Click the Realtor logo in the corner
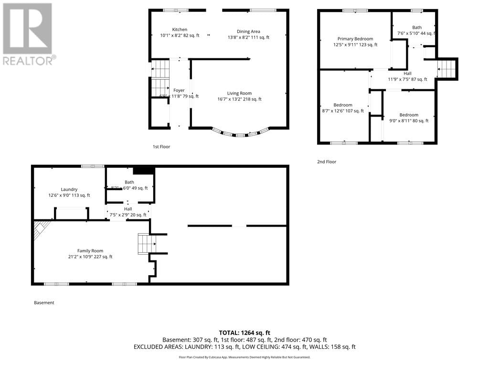pos(29,34)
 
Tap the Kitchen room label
pos(180,30)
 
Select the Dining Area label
pos(248,32)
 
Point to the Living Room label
pos(239,94)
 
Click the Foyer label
pos(179,90)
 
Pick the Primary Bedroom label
pos(355,39)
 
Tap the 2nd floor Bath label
pos(417,28)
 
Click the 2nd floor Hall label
pos(407,74)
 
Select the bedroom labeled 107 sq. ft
pos(342,105)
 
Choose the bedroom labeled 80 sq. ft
pos(409,115)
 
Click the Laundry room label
pos(69,190)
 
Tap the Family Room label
pos(90,251)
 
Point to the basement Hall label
pos(128,209)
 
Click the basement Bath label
pos(129,182)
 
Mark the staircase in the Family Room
pos(145,243)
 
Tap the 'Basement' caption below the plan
pos(44,302)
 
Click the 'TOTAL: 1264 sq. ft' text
pos(244,333)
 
